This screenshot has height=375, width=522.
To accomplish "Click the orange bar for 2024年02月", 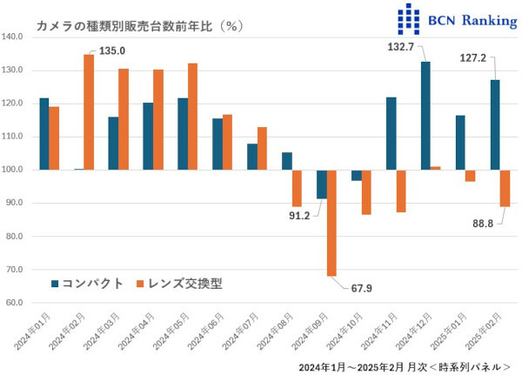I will tap(89, 112).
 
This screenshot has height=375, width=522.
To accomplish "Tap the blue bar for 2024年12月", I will tap(425, 116).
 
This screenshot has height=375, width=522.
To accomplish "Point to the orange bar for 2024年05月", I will tap(192, 117).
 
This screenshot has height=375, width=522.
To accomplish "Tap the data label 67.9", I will tap(359, 289).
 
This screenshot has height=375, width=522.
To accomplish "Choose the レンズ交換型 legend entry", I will tap(183, 284).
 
